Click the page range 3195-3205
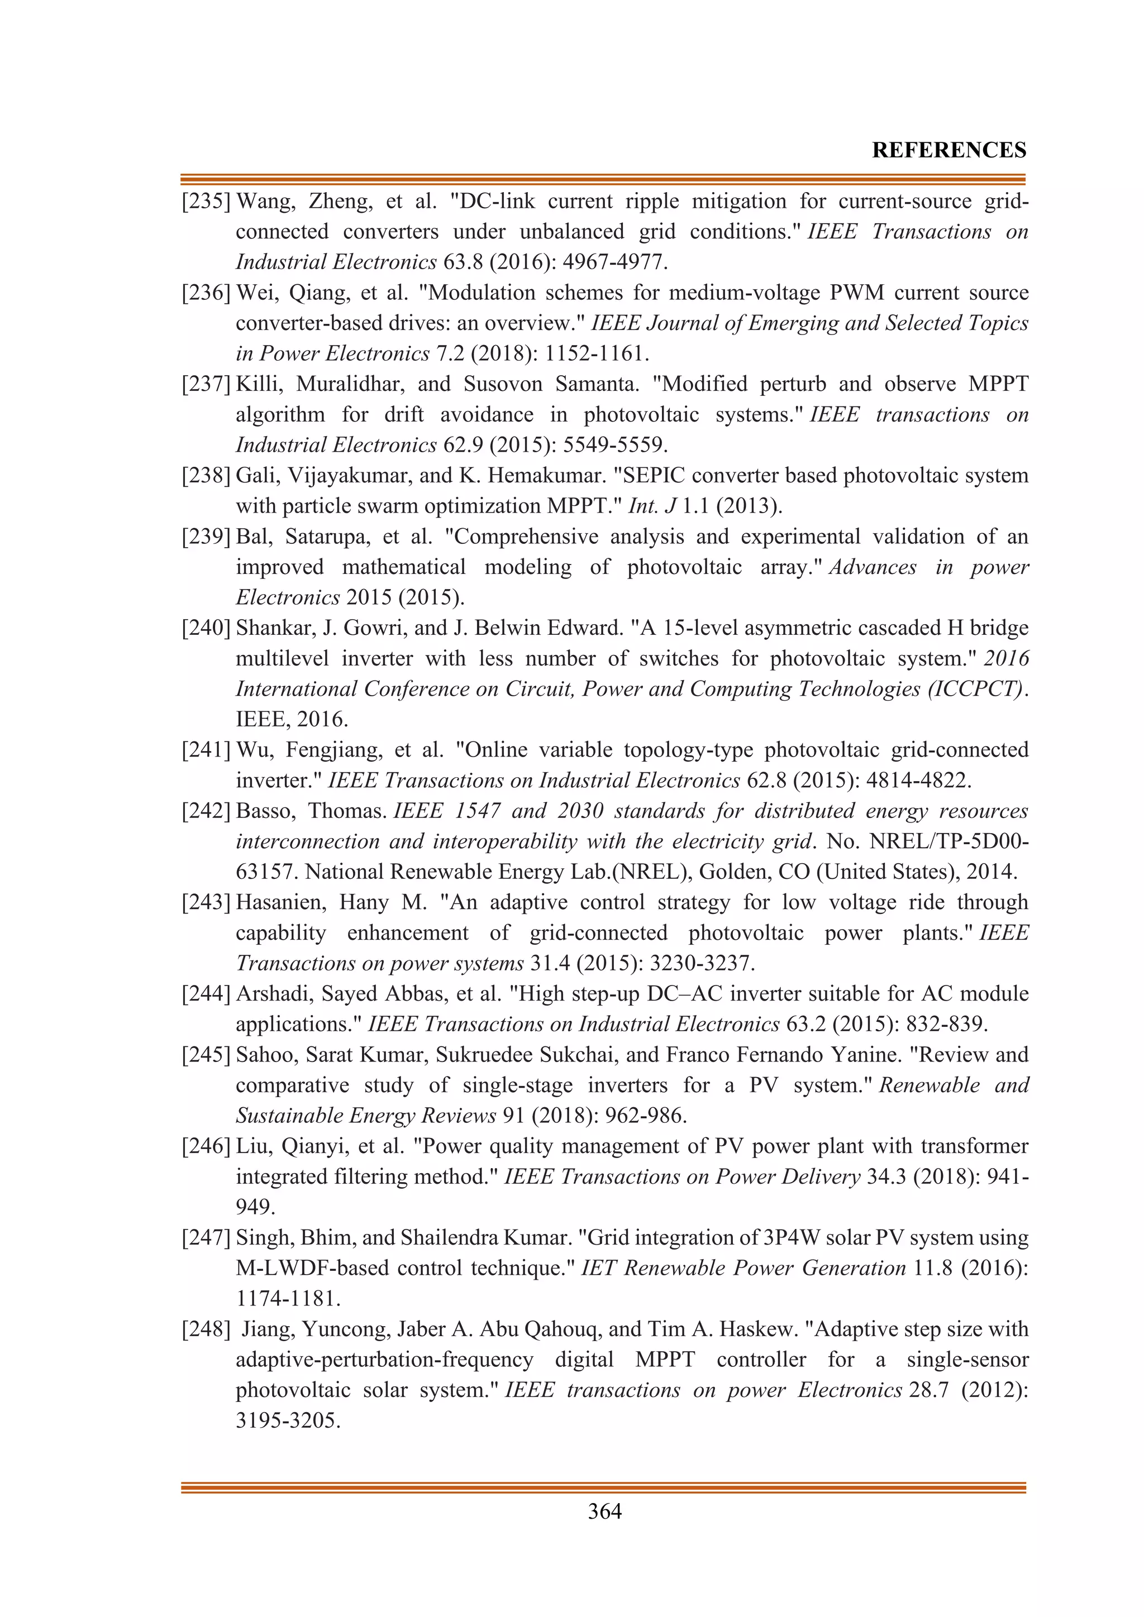288,1420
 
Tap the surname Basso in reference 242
263,811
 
